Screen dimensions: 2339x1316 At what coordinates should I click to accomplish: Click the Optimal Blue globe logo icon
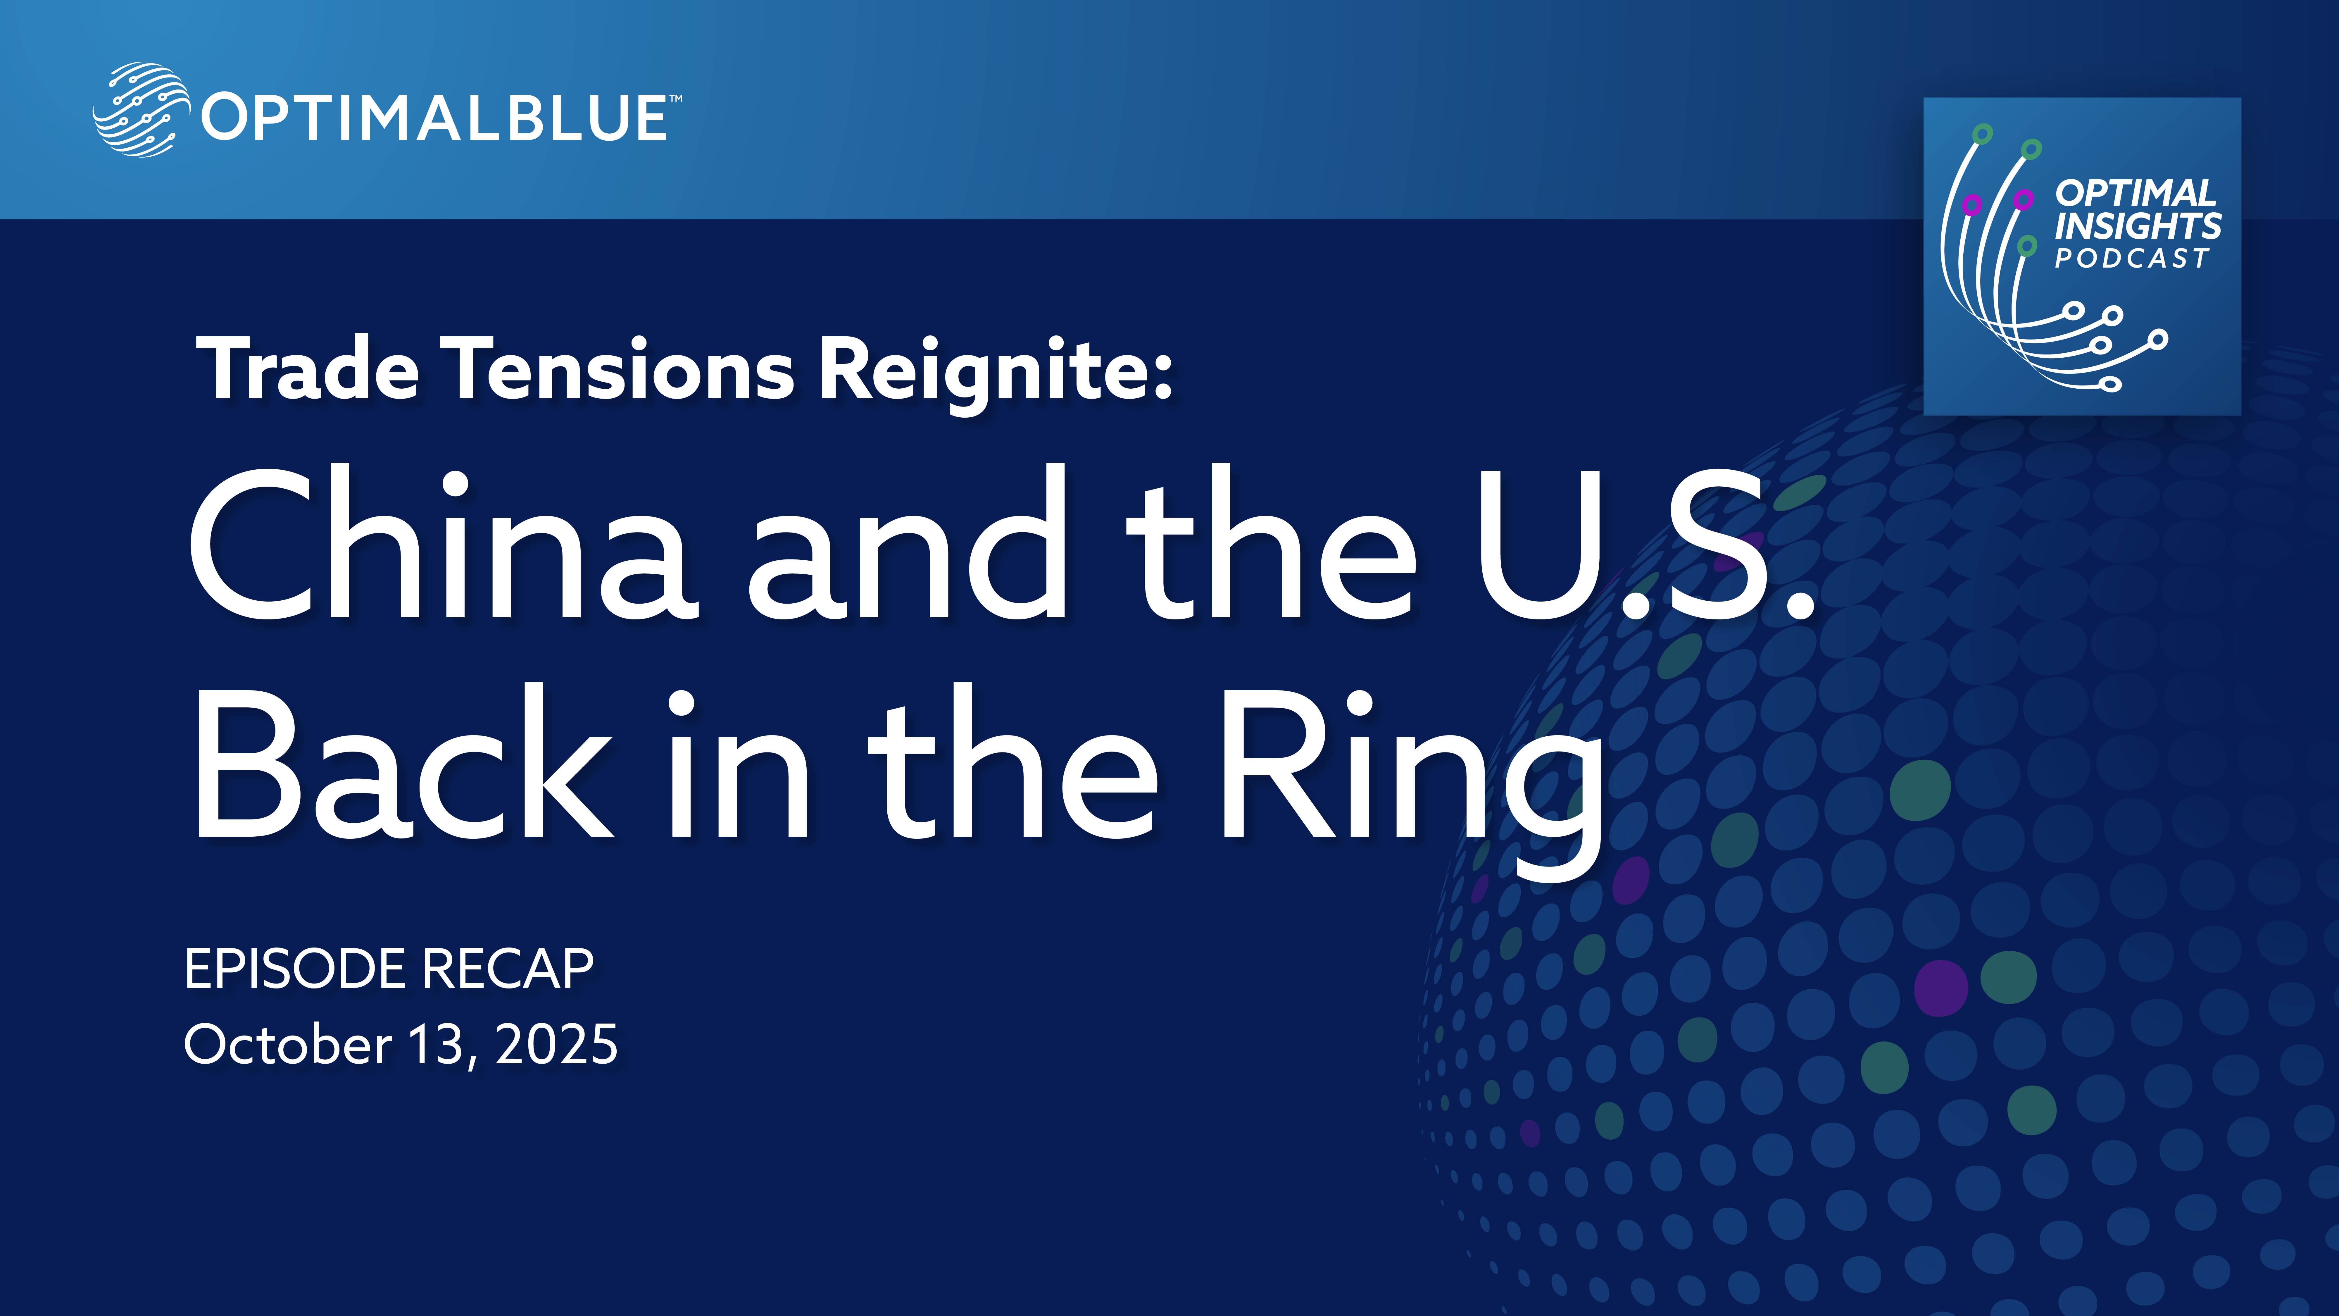[x=141, y=110]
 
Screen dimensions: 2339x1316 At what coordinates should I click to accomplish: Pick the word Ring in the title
[x=1410, y=783]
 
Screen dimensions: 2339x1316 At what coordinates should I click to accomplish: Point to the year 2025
[x=557, y=1044]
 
